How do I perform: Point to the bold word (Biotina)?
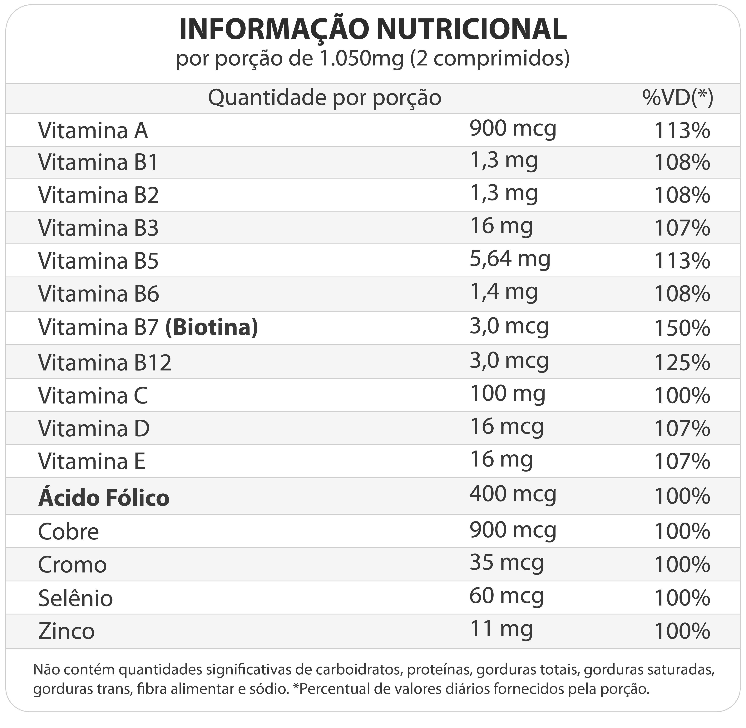[212, 328]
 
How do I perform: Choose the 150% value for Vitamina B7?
[682, 328]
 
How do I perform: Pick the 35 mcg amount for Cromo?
[506, 563]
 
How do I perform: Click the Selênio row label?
[75, 598]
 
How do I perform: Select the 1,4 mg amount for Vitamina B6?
[504, 292]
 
